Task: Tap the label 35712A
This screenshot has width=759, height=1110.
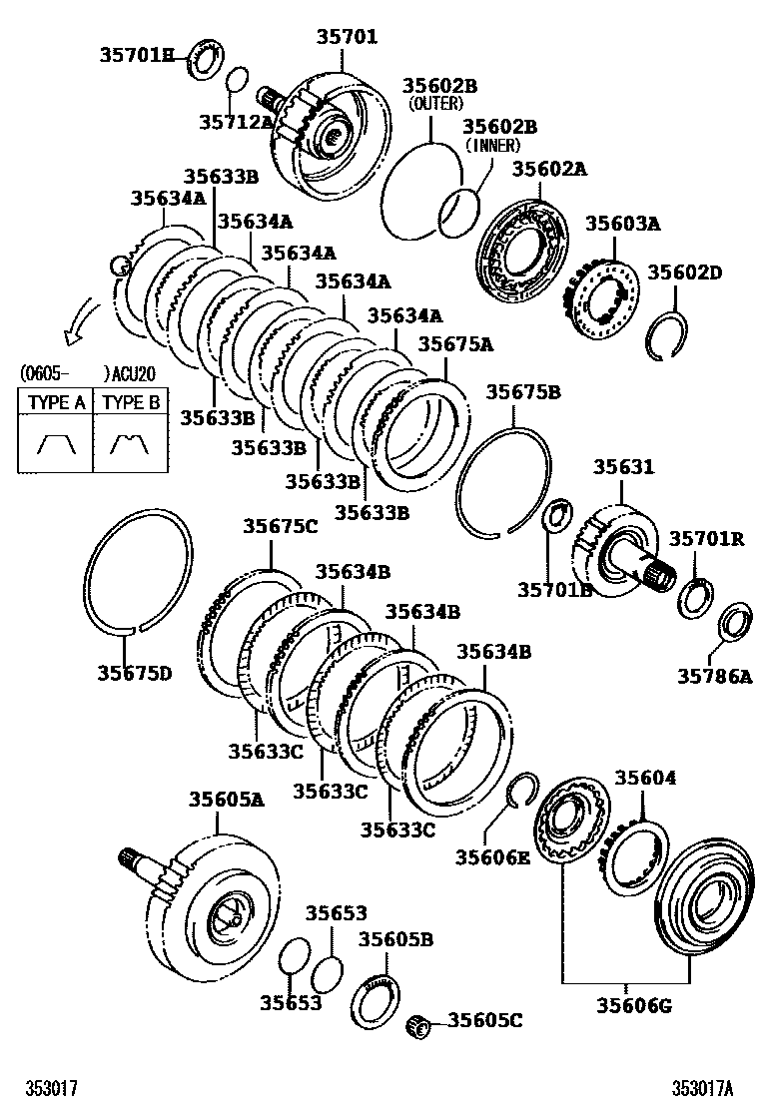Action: pyautogui.click(x=235, y=122)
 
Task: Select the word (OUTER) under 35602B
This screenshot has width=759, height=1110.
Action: pyautogui.click(x=430, y=103)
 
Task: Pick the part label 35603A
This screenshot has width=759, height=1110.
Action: pyautogui.click(x=622, y=224)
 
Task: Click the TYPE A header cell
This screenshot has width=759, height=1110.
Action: pyautogui.click(x=55, y=403)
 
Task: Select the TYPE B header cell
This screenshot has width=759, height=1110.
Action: pyautogui.click(x=131, y=403)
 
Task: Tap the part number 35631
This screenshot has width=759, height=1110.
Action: pyautogui.click(x=624, y=466)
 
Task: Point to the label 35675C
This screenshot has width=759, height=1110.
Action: pyautogui.click(x=281, y=526)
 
